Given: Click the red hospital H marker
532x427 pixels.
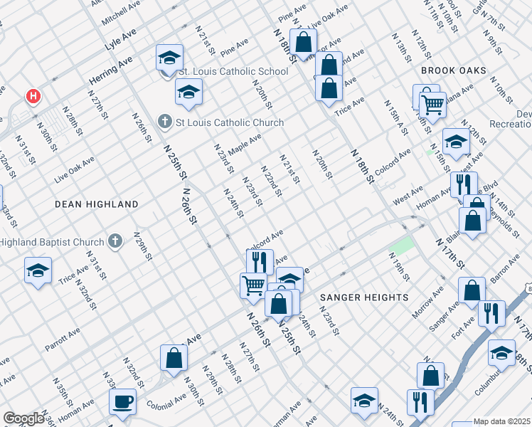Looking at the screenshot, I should click(32, 96).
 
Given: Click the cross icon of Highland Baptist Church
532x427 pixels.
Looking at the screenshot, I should click(117, 242).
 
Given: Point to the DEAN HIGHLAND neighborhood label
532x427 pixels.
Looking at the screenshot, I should click(97, 204).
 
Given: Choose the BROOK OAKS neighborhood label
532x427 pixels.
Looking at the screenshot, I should click(454, 70).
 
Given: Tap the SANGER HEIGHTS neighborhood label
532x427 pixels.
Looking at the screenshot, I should click(364, 297).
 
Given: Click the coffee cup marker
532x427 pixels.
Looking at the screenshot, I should click(122, 401).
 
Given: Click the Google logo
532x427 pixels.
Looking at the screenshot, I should click(23, 418).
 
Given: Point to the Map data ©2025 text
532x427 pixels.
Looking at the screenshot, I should click(502, 421).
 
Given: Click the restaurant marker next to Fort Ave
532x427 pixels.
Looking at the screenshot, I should click(491, 314).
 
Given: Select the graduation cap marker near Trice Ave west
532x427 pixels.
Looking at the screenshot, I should click(38, 270).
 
